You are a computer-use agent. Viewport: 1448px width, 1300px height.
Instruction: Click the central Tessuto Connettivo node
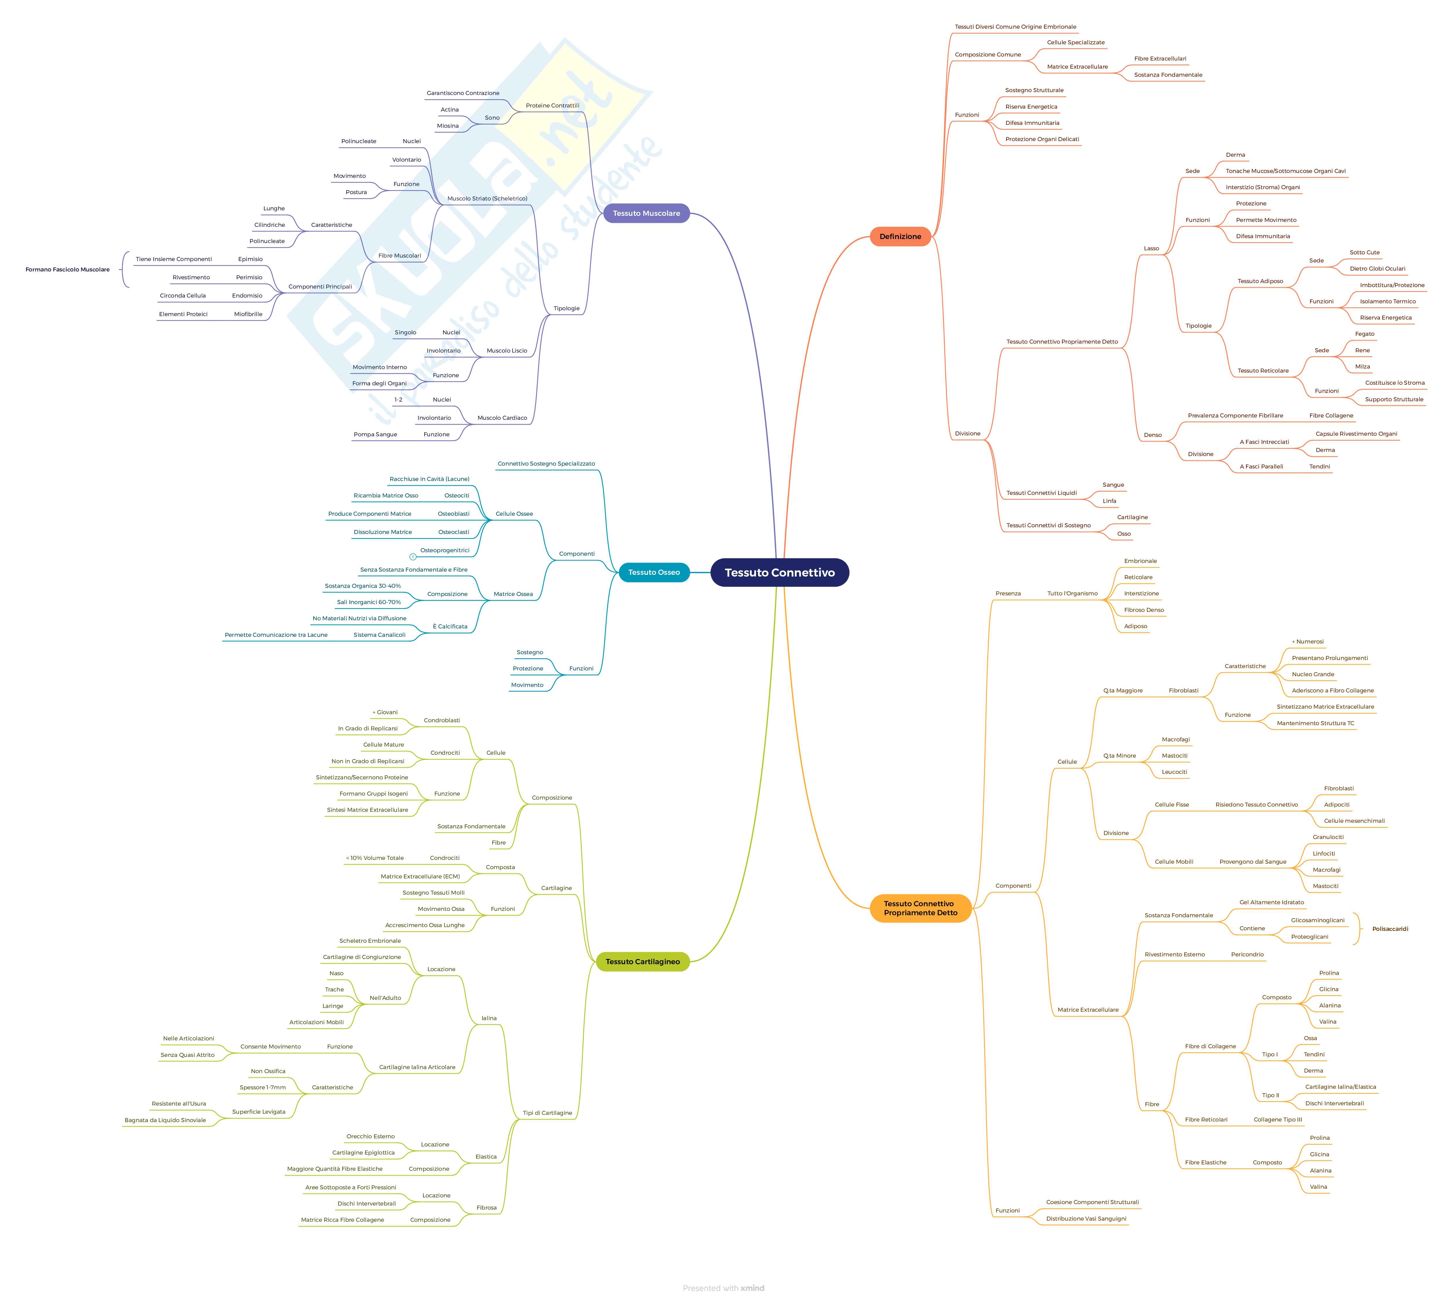(779, 572)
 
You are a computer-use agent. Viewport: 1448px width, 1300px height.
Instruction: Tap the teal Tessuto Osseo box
(654, 572)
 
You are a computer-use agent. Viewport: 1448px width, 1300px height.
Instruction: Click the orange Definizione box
(900, 236)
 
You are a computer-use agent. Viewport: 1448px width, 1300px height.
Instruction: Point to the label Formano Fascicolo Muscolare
(68, 269)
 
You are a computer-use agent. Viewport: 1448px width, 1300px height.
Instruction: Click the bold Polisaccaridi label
(1389, 929)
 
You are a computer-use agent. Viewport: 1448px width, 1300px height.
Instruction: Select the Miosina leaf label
(448, 126)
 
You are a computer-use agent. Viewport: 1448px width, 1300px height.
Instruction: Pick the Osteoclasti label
(453, 532)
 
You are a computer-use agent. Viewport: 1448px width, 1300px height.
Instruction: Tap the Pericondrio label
(1247, 954)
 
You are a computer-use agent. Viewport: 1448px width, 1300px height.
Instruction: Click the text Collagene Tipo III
(1277, 1119)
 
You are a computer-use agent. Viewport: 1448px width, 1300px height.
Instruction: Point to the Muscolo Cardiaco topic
(502, 418)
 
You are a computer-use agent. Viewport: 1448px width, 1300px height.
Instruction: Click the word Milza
(1362, 367)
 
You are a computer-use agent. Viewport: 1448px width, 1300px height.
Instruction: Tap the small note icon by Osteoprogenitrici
(413, 557)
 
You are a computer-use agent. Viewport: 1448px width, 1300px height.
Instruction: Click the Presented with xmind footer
(723, 1288)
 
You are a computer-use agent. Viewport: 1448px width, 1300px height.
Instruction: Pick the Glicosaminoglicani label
(1317, 920)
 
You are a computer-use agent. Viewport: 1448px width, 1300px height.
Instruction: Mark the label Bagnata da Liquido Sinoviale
(165, 1120)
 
